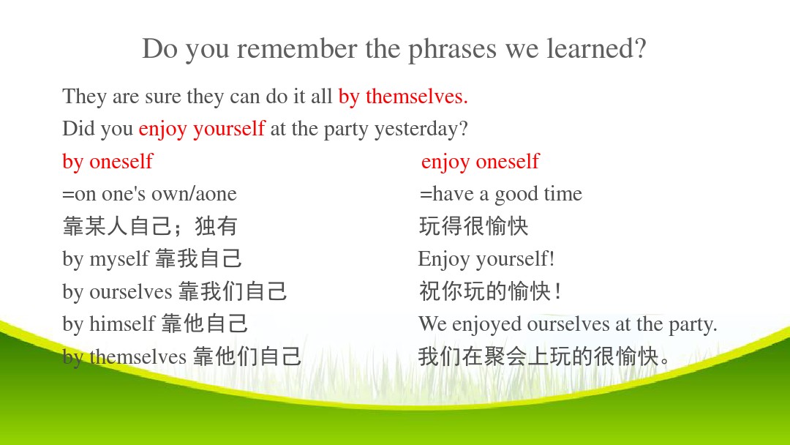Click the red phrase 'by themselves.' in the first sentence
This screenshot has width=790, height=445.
tap(403, 97)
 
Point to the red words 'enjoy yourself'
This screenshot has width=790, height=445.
tap(202, 130)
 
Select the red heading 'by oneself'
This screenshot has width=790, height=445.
tap(108, 162)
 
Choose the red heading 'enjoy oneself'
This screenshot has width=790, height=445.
tap(480, 162)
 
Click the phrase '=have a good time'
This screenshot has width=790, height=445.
tap(500, 195)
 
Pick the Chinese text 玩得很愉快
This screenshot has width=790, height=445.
tap(473, 225)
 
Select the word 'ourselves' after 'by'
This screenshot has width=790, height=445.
tap(131, 292)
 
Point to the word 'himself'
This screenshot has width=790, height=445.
tap(122, 324)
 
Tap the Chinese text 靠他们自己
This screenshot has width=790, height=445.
tap(247, 357)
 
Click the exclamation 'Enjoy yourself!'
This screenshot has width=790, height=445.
tap(486, 260)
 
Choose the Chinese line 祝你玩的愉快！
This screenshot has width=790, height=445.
tap(489, 291)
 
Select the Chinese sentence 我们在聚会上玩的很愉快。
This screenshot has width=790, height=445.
tap(544, 357)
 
